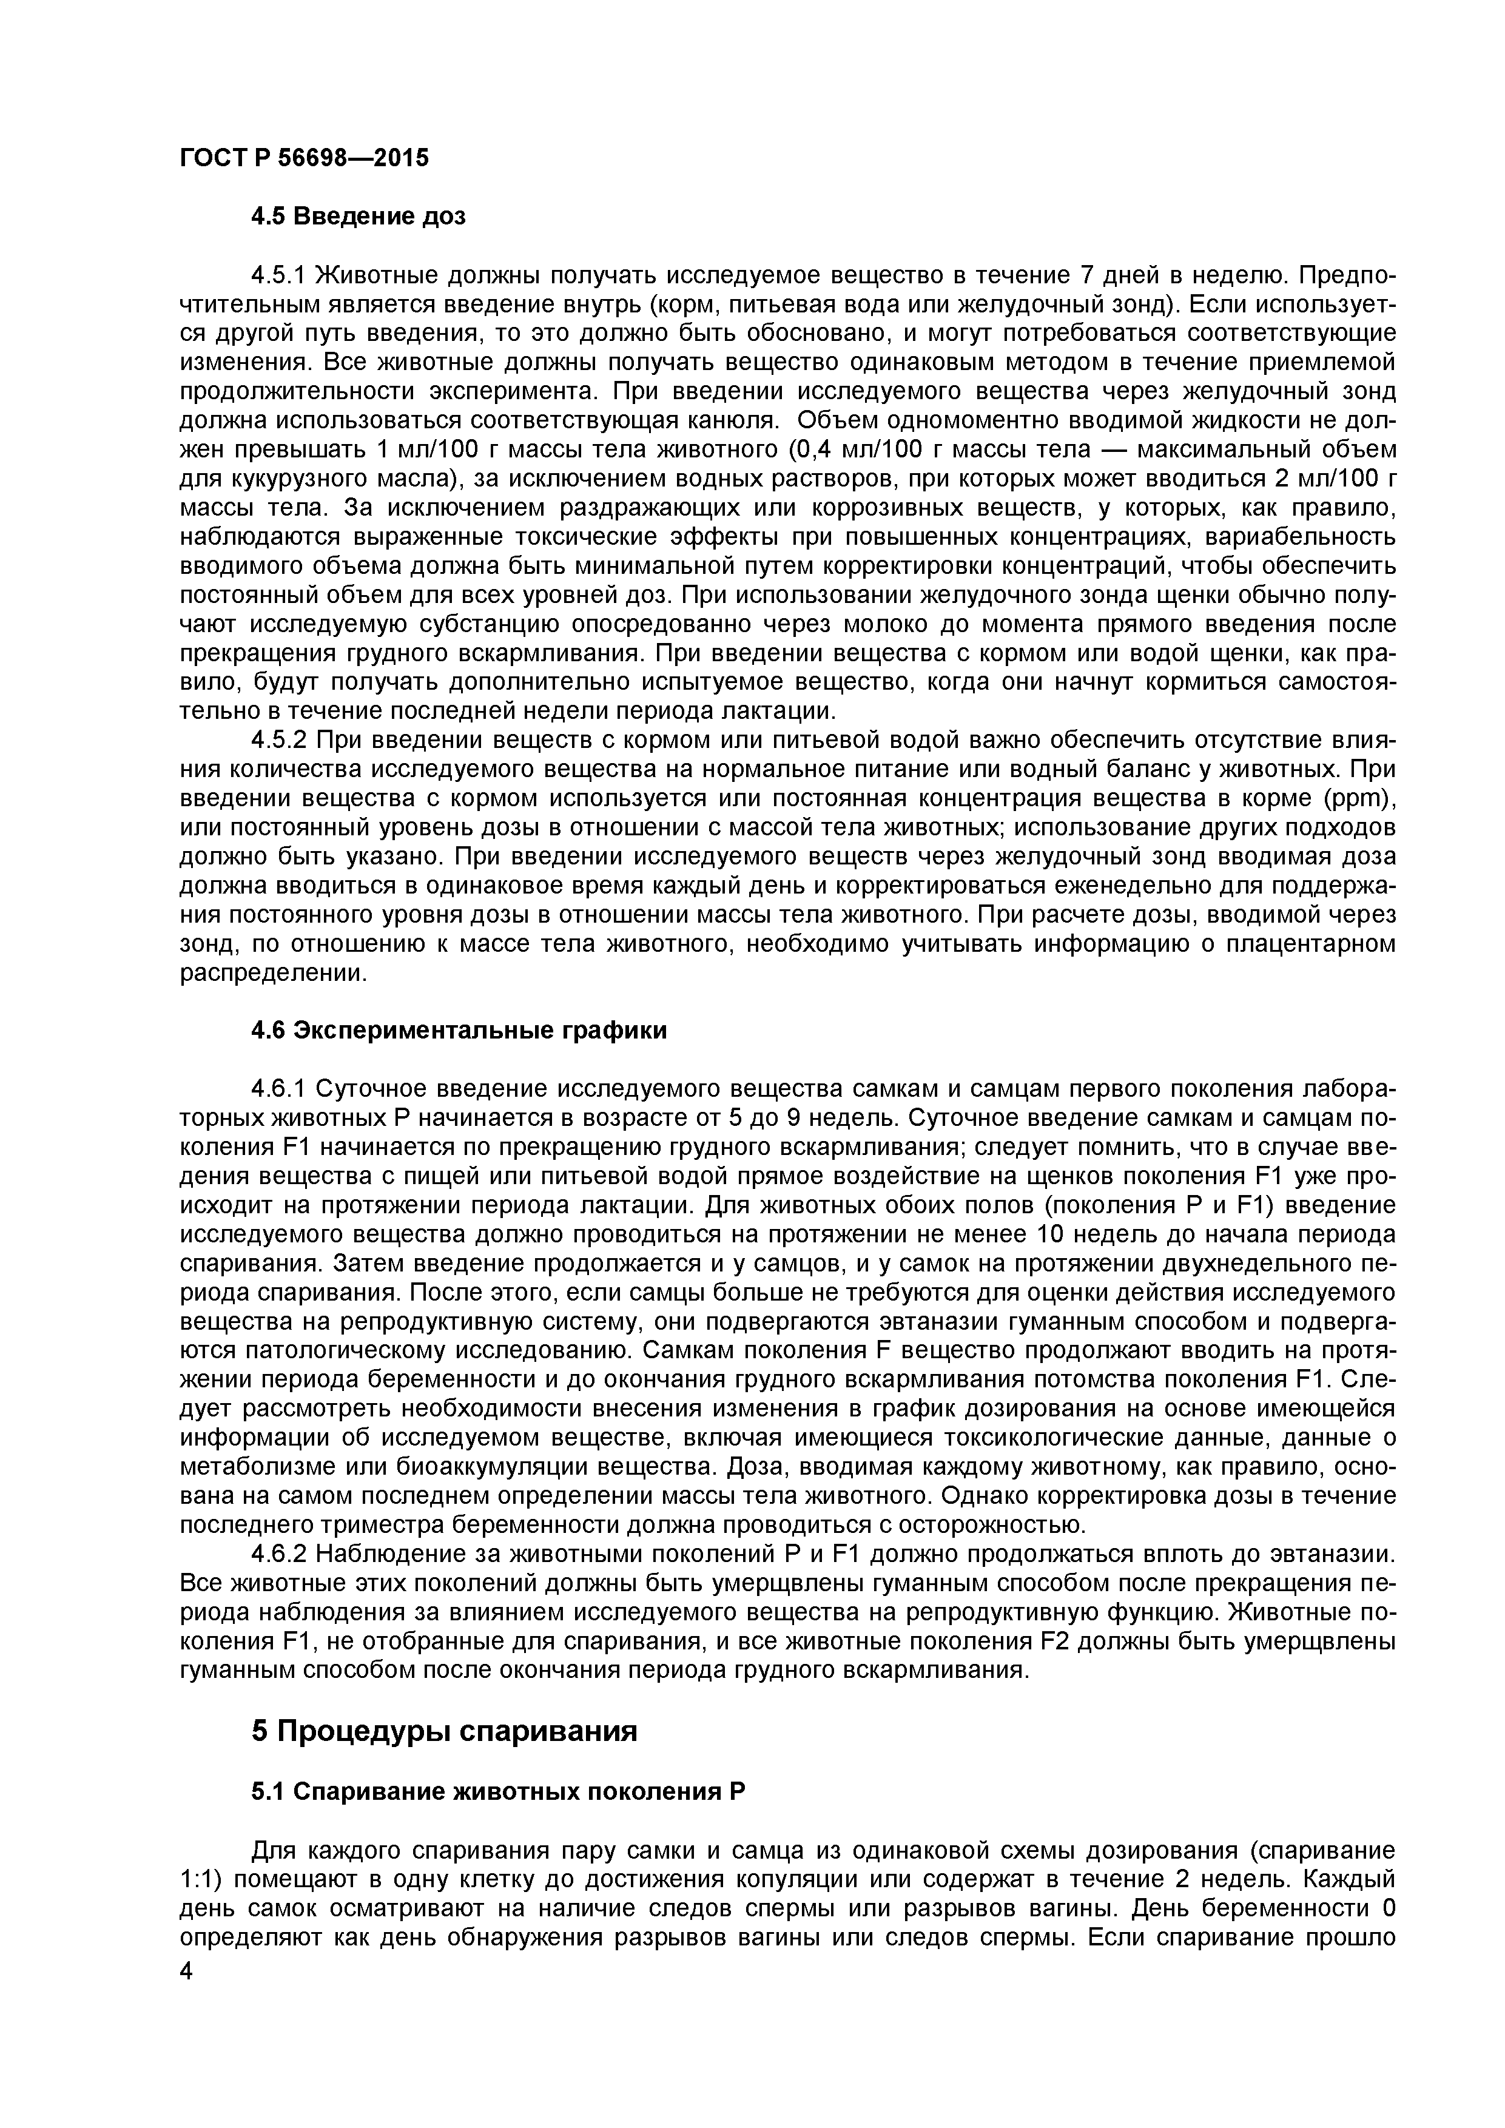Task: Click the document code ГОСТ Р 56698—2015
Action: [304, 158]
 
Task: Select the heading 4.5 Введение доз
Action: [359, 217]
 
